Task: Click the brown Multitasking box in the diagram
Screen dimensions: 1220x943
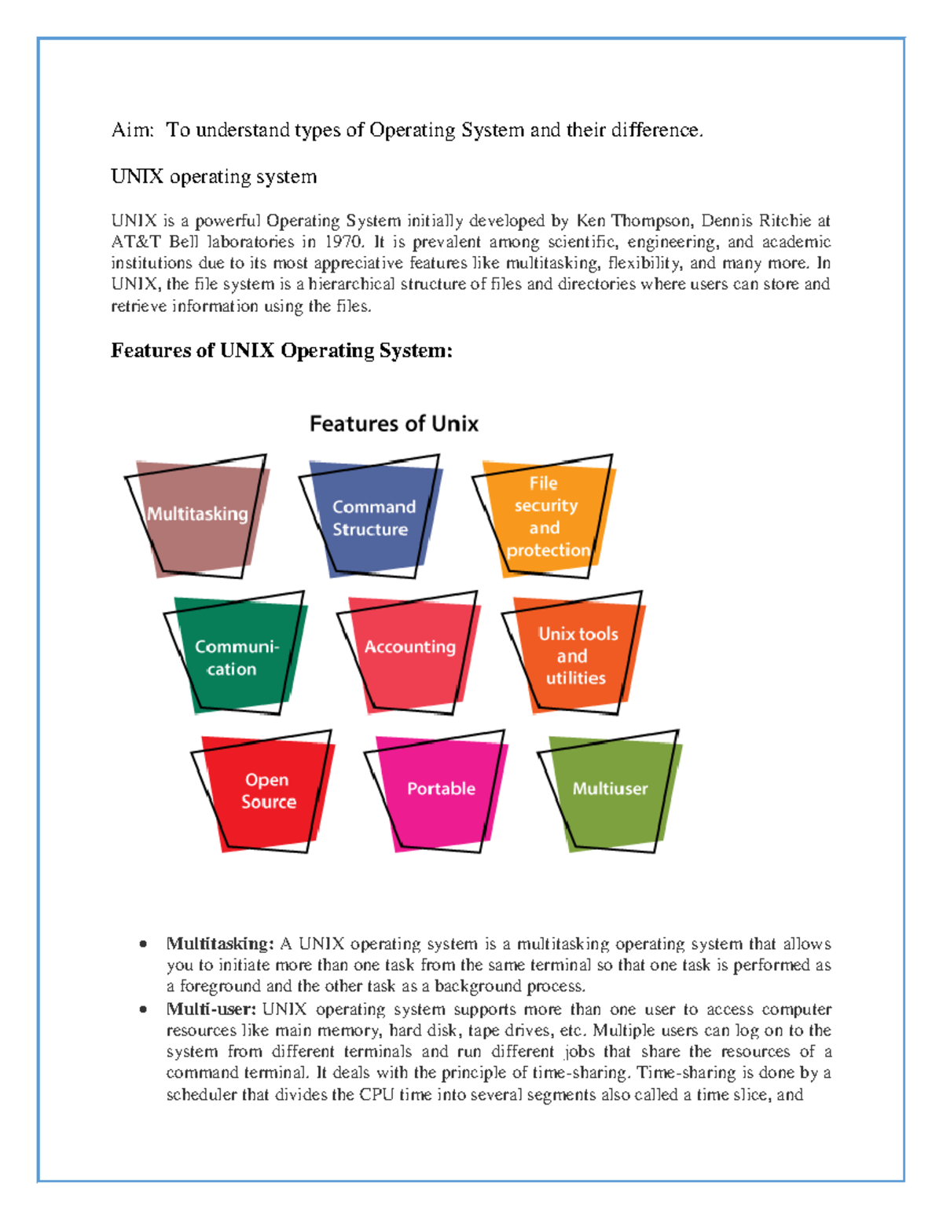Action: [198, 516]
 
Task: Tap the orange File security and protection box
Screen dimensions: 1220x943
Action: [545, 517]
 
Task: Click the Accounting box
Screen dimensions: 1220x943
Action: [409, 649]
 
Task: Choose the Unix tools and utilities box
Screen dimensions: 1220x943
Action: [577, 656]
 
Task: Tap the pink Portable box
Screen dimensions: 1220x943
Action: [441, 790]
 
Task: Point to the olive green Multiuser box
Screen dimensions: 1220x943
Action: [610, 790]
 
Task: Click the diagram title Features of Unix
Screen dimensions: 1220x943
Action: [394, 424]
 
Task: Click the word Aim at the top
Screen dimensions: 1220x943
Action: [131, 130]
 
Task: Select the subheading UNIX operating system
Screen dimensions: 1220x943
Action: [214, 177]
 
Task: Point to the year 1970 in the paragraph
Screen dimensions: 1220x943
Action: [344, 242]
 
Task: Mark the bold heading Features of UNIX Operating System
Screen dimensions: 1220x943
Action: [281, 350]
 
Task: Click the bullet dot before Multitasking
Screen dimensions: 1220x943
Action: [143, 944]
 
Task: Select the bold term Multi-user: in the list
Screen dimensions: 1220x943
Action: [211, 1009]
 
